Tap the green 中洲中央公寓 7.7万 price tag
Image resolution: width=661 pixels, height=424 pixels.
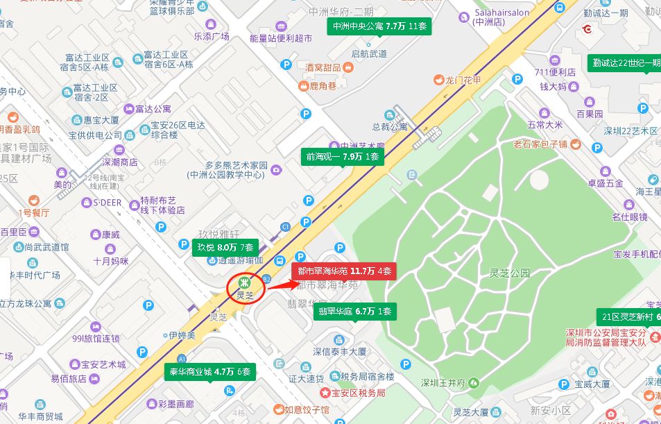tap(380, 27)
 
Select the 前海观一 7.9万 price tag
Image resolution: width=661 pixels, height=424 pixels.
tap(343, 157)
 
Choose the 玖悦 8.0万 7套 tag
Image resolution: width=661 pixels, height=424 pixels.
tap(225, 247)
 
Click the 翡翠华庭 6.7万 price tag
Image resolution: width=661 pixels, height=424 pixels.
tap(355, 311)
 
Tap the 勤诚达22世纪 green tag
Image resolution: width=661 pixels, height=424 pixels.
tap(624, 62)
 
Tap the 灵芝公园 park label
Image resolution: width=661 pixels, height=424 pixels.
tap(509, 273)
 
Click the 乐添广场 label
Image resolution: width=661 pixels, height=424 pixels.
tap(211, 37)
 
